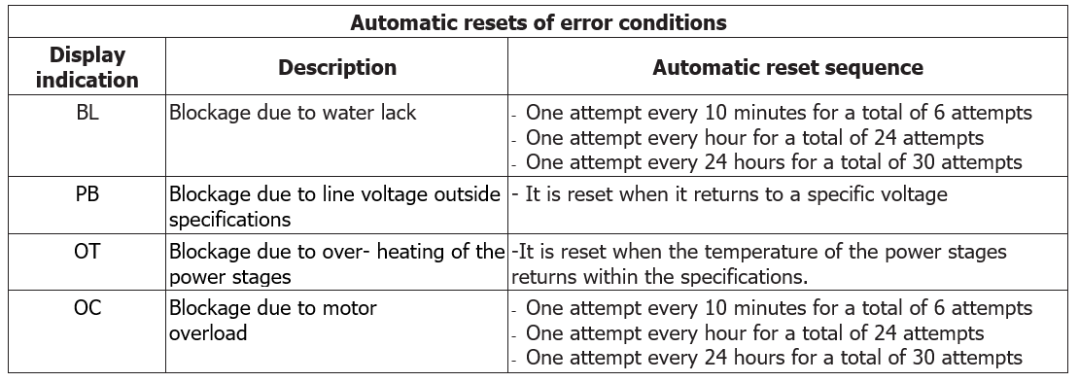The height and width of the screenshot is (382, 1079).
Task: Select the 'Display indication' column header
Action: click(x=87, y=67)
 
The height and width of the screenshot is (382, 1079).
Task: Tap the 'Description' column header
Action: click(x=336, y=68)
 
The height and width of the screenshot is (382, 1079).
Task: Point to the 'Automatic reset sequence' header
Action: click(x=787, y=68)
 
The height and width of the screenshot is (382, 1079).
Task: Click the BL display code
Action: click(x=87, y=113)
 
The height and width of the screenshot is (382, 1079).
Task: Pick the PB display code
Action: click(x=87, y=194)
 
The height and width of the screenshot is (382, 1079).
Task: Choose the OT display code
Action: click(x=87, y=252)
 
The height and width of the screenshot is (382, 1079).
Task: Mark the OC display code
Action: click(x=87, y=309)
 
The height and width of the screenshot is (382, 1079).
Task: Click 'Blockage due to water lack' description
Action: click(x=293, y=113)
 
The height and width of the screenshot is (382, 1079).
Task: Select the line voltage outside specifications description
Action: click(x=335, y=206)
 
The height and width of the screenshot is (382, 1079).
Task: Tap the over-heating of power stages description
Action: click(x=336, y=263)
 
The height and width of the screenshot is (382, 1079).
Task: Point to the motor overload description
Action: click(x=273, y=321)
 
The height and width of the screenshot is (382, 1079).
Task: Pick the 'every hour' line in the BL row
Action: click(x=754, y=137)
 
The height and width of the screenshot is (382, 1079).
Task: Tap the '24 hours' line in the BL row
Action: click(x=773, y=161)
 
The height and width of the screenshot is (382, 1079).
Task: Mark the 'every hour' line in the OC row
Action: click(x=754, y=333)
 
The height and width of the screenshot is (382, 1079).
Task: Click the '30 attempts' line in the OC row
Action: click(x=773, y=358)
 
